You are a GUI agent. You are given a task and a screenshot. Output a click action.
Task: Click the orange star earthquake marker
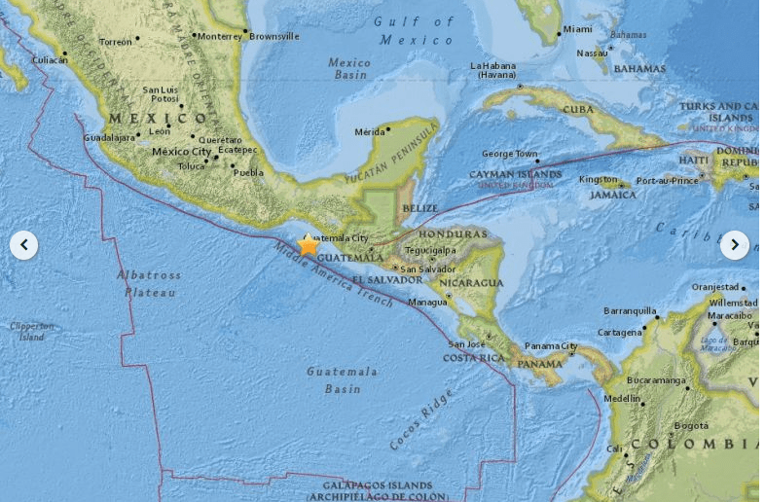[x=309, y=245]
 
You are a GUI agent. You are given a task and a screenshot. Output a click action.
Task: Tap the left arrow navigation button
[x=24, y=245]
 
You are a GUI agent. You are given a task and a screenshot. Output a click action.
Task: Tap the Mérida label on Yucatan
[x=370, y=131]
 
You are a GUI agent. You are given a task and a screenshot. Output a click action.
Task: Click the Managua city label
[x=428, y=302]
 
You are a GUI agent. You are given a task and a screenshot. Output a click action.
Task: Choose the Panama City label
[x=551, y=346]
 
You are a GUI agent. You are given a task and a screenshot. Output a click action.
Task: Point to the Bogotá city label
[x=691, y=425]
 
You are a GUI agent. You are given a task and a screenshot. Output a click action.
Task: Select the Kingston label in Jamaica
[x=598, y=180]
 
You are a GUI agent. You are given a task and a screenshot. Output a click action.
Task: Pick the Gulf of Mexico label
[x=417, y=30]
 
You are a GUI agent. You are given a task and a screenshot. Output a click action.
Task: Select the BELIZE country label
[x=419, y=207]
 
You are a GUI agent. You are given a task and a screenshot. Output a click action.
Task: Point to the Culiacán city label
[x=51, y=59]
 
